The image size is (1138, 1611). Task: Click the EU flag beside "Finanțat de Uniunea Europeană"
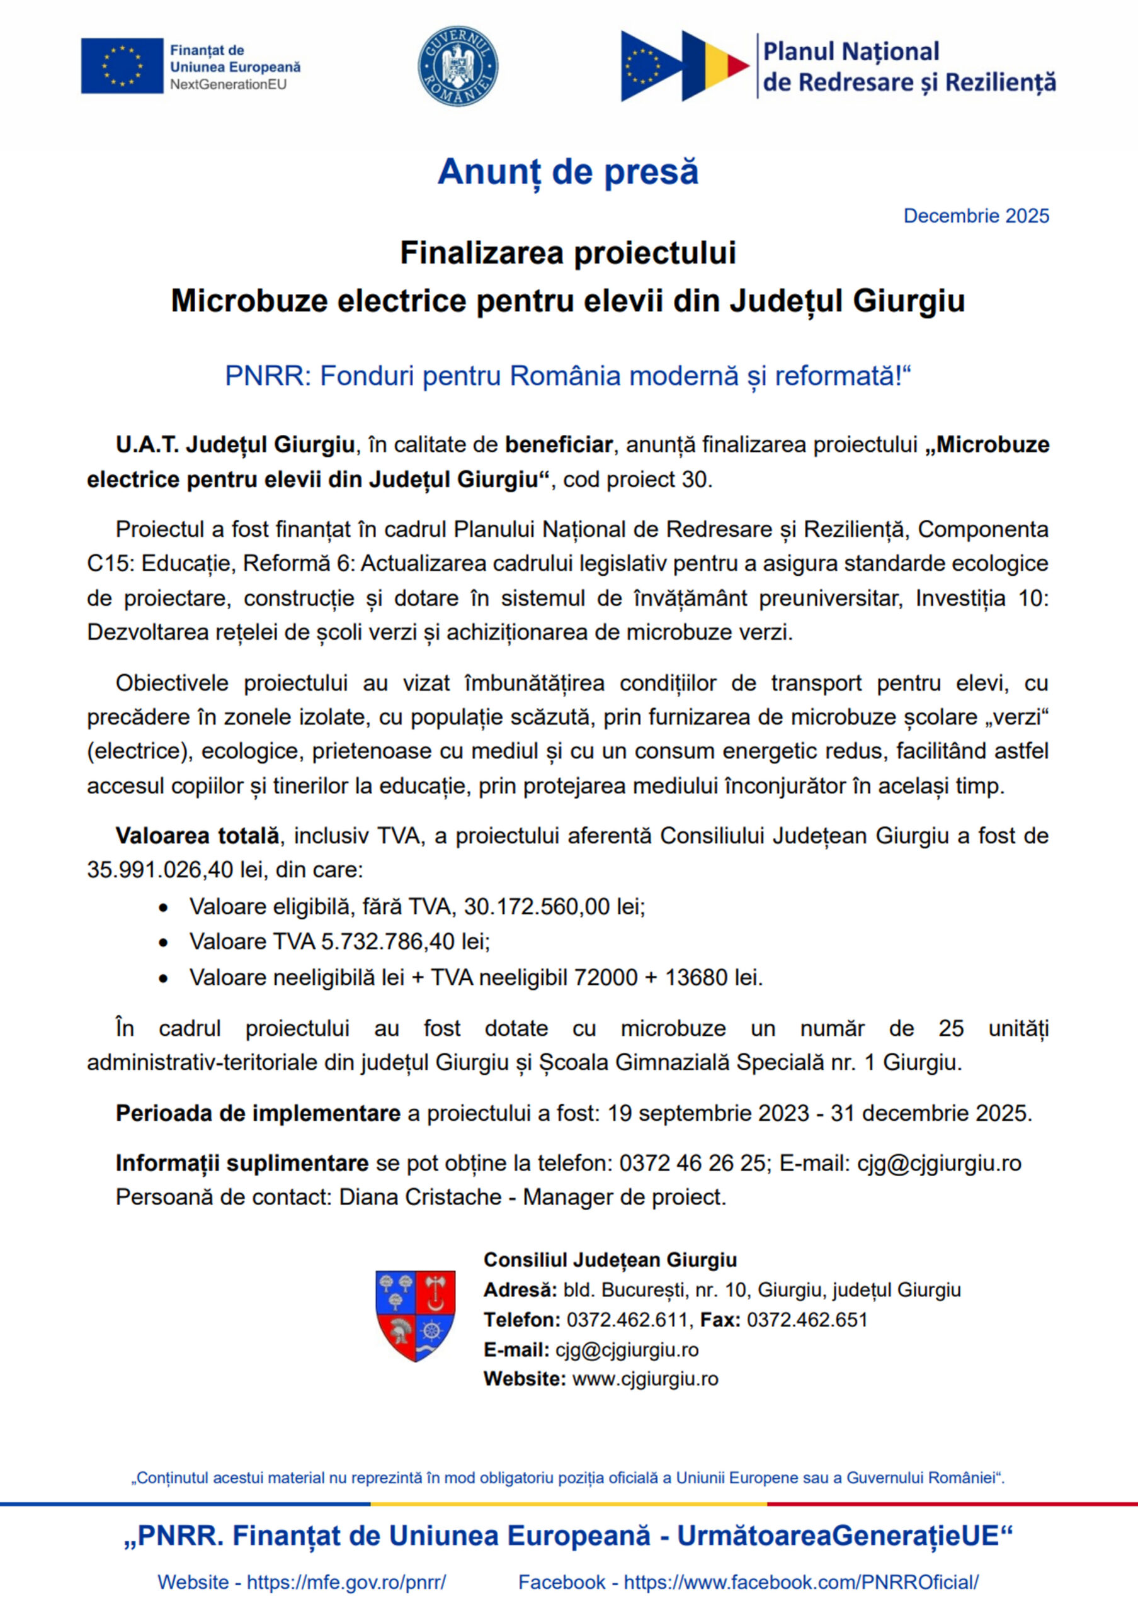122,66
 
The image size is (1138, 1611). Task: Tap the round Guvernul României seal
458,67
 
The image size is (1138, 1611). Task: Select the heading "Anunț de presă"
568,172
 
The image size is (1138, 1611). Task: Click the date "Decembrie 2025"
976,216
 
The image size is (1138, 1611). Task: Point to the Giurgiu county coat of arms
416,1316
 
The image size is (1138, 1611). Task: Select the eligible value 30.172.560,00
537,907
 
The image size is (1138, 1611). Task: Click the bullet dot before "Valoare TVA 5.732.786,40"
164,942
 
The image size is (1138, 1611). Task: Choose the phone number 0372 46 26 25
692,1164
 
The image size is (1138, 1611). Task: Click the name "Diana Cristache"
420,1197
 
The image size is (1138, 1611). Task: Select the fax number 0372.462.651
807,1320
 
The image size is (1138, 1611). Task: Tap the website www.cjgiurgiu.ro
645,1379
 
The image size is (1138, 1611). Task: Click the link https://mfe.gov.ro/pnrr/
346,1582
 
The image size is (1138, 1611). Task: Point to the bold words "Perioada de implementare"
258,1113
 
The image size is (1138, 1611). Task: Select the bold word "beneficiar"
559,445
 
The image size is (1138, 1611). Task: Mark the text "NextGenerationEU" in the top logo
228,85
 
